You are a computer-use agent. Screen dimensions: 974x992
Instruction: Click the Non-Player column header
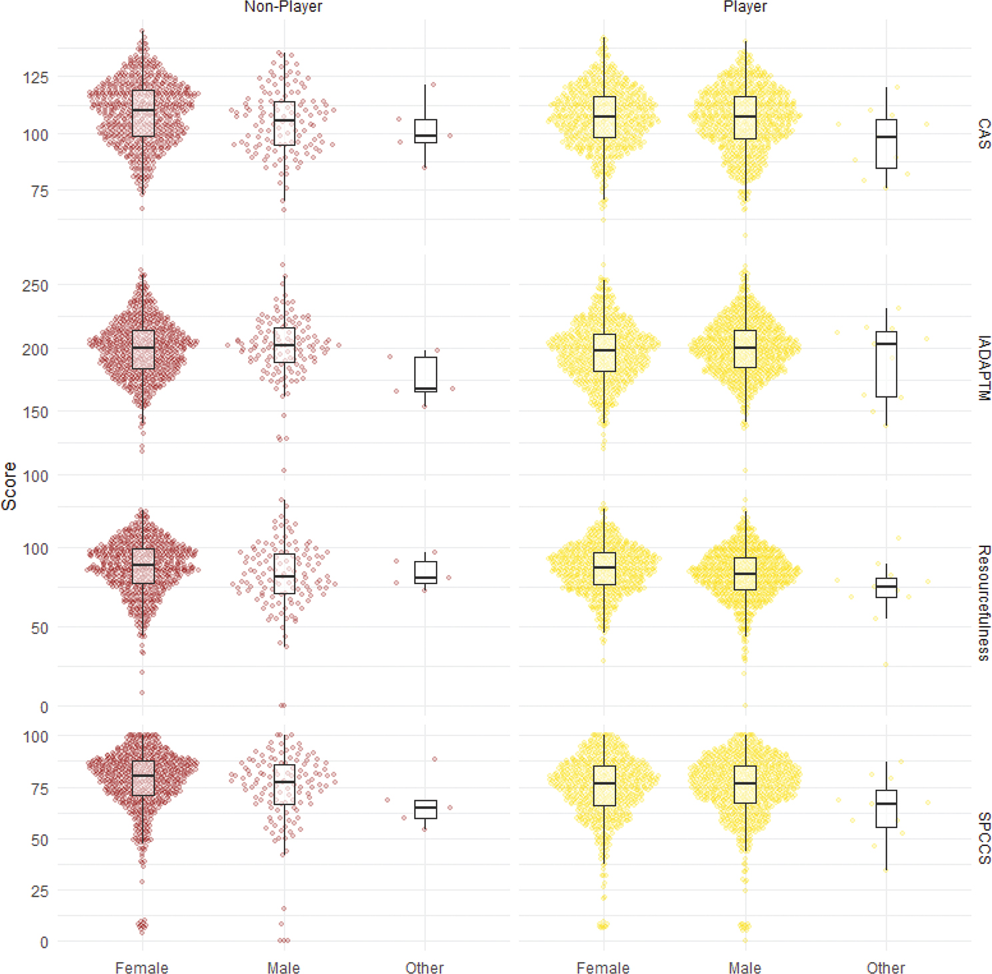point(283,7)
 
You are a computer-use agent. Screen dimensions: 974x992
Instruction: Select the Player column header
point(745,7)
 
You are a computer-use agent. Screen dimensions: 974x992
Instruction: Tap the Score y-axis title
point(9,486)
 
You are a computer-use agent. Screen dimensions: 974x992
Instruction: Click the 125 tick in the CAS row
point(35,77)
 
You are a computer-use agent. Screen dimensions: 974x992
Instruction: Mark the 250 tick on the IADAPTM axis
point(35,286)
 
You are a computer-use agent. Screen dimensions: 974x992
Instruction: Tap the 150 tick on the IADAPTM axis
point(35,412)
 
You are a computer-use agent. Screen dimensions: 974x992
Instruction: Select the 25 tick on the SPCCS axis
point(39,891)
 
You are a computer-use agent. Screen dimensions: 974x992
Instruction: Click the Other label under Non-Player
point(425,967)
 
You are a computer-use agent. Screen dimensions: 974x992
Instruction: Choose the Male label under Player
point(745,967)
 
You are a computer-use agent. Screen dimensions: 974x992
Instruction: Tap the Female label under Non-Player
point(141,967)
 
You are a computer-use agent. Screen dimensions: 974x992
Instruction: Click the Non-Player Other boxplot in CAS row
point(425,131)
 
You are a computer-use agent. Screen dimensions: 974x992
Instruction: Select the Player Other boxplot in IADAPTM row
point(886,364)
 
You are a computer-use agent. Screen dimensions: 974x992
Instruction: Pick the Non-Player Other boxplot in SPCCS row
point(425,809)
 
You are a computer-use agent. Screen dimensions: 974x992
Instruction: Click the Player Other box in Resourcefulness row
point(886,588)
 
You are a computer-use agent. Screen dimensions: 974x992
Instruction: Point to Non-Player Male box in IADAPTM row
point(285,345)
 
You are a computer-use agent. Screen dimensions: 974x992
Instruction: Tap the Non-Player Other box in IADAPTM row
point(425,374)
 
